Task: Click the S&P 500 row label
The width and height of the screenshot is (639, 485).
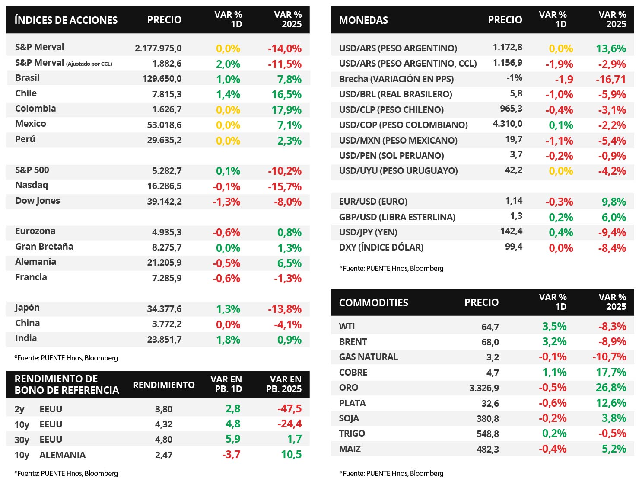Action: tap(32, 170)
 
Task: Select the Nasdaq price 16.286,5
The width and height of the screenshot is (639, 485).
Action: tap(164, 186)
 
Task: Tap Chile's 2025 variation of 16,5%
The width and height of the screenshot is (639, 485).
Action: tap(286, 95)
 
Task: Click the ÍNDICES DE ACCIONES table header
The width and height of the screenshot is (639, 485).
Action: tap(66, 20)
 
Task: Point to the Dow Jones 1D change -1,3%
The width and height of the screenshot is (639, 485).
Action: tap(226, 202)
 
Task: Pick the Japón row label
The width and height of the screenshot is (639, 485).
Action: tap(27, 308)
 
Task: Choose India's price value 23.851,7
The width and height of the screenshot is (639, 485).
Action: tap(164, 340)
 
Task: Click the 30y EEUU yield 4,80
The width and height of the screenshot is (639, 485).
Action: tap(164, 440)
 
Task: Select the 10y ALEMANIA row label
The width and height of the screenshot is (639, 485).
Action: tap(50, 455)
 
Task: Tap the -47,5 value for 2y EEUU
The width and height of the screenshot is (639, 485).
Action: tap(289, 409)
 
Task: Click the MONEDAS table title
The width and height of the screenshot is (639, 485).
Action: tap(363, 20)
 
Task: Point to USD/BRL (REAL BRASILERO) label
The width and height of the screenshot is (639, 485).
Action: tap(395, 94)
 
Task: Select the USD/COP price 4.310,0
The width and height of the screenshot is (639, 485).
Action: tap(507, 124)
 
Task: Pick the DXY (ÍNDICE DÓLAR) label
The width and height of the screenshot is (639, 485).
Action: tap(381, 247)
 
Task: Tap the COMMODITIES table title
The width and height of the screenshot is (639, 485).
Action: tap(373, 302)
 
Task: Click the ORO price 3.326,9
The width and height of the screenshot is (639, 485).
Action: tap(484, 388)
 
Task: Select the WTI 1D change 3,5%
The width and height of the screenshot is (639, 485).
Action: tap(554, 326)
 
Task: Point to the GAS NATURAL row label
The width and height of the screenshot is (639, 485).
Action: tap(368, 357)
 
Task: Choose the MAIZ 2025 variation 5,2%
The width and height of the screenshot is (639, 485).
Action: tap(614, 449)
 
